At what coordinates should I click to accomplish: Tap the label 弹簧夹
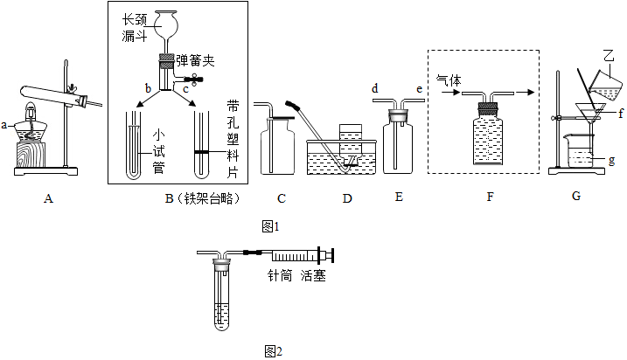pyautogui.click(x=194, y=61)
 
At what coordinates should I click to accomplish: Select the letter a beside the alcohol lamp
pyautogui.click(x=4, y=125)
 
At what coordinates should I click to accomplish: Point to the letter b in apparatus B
pyautogui.click(x=148, y=88)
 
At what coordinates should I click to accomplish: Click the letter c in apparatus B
pyautogui.click(x=186, y=88)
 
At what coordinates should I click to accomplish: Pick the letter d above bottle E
pyautogui.click(x=374, y=88)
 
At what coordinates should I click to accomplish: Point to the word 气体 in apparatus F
pyautogui.click(x=448, y=80)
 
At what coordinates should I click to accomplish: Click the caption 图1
pyautogui.click(x=270, y=226)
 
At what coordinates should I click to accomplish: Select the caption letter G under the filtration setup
pyautogui.click(x=575, y=197)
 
